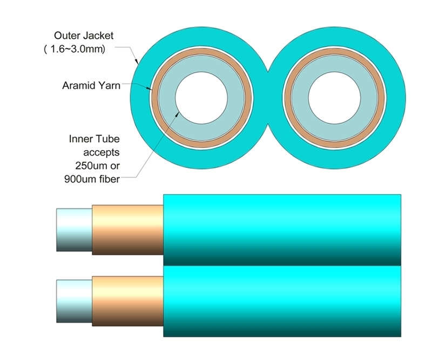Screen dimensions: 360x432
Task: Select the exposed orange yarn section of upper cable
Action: pos(127,229)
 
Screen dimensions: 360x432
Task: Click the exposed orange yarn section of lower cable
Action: pos(127,301)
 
